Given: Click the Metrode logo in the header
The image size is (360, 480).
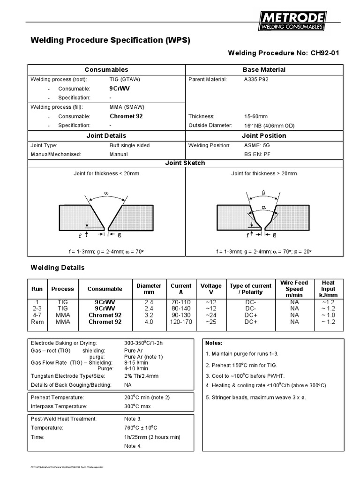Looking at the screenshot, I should (x=292, y=22).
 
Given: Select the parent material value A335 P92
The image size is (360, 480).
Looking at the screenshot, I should (x=256, y=79).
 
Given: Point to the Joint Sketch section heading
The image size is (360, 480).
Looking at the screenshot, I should (x=186, y=163).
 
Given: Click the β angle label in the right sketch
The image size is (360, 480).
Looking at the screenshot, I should (x=263, y=193).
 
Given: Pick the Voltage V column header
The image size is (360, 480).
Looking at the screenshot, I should (x=211, y=289).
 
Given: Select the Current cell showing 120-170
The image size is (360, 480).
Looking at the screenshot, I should (x=181, y=322).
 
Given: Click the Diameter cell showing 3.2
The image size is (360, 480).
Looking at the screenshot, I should (x=149, y=315).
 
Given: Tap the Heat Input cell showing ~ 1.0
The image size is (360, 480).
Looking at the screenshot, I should (x=328, y=315).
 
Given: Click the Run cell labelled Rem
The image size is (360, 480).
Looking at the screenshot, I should (x=37, y=322).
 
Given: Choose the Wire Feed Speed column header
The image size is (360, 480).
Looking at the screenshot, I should (x=294, y=289).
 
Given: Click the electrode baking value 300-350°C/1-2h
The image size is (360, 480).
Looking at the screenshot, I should (x=143, y=343).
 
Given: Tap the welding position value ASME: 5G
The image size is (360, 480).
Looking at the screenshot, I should (x=256, y=145).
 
